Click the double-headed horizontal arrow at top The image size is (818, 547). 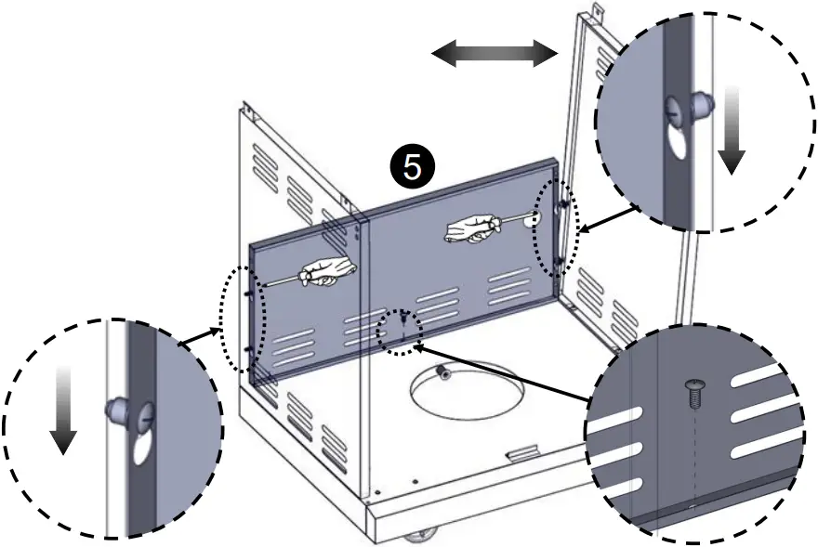(494, 53)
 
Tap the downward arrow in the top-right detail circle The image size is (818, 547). (732, 130)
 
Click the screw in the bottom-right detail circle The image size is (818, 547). (693, 394)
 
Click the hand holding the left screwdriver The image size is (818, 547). (326, 271)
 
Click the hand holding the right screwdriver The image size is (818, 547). (472, 228)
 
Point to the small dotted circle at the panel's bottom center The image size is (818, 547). (399, 330)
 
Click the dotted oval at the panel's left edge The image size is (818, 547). (243, 319)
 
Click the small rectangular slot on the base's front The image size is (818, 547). (523, 451)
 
